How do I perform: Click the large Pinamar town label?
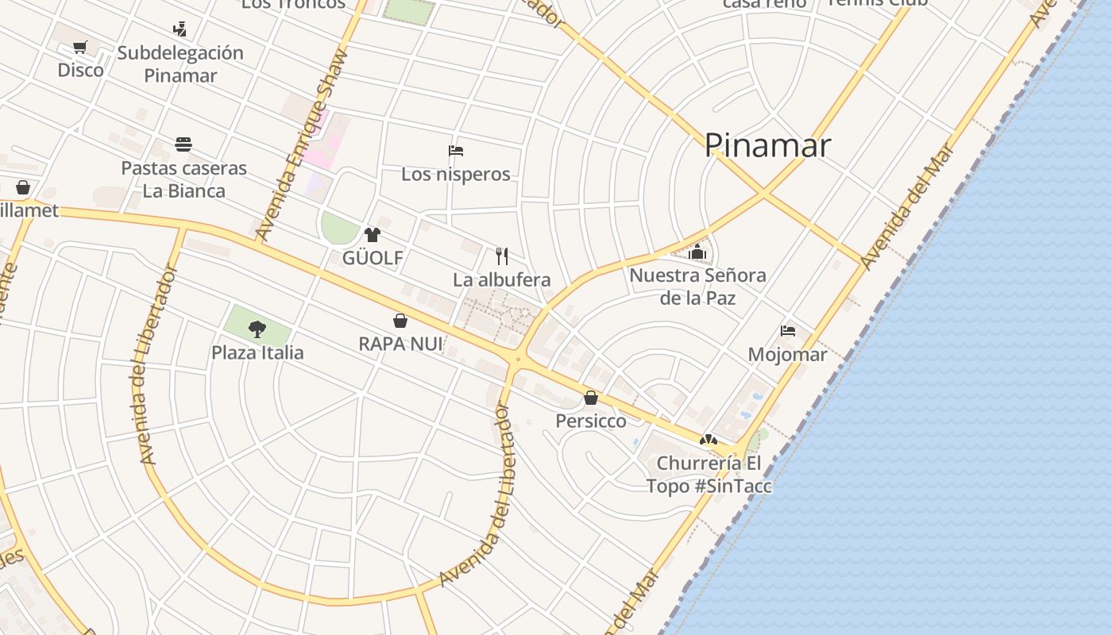coord(767,145)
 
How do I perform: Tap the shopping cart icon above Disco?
coord(80,48)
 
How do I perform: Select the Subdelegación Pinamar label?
coord(180,64)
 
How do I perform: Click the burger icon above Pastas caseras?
coord(183,144)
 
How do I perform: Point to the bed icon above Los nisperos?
coord(456,151)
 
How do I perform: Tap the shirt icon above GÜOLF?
coord(372,235)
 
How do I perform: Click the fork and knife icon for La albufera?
coord(501,256)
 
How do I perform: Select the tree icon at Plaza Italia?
coord(257,329)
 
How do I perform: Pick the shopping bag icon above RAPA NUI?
coord(400,321)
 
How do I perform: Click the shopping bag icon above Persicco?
coord(591,398)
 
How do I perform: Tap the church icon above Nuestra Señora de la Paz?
coord(697,252)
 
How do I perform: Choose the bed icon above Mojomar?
coord(788,331)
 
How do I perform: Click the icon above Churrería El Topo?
coord(709,440)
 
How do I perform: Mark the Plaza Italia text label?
coord(257,352)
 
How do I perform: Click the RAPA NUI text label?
coord(400,344)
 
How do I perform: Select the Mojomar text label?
coord(787,355)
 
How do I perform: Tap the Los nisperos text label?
coord(456,175)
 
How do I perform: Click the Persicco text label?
coord(591,421)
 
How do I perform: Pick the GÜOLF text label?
coord(373,258)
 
